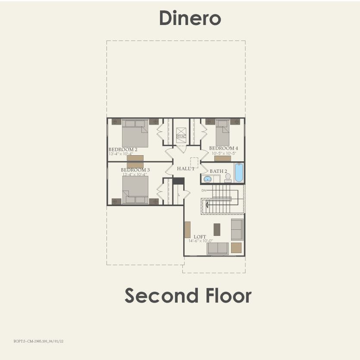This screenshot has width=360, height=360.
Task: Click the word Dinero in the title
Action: [x=190, y=18]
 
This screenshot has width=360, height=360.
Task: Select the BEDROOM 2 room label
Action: [x=123, y=149]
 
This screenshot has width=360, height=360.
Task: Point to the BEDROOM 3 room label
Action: [x=135, y=170]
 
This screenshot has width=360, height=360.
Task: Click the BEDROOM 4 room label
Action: [x=223, y=148]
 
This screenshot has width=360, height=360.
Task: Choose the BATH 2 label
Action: [x=219, y=171]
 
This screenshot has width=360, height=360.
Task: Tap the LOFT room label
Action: [x=200, y=237]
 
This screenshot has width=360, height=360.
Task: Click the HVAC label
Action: [x=181, y=136]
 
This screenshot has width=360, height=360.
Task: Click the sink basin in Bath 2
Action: [x=207, y=178]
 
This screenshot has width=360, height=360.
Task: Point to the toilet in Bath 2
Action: [x=228, y=178]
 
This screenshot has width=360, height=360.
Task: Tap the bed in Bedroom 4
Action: [x=222, y=134]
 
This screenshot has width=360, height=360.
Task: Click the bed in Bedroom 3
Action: [x=135, y=190]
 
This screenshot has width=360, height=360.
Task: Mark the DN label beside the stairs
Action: [x=203, y=190]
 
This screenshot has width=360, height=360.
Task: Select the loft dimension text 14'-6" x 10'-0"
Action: [x=200, y=241]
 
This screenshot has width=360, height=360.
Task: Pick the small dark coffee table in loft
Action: [x=217, y=229]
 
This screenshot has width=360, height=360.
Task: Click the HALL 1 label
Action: [x=185, y=169]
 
